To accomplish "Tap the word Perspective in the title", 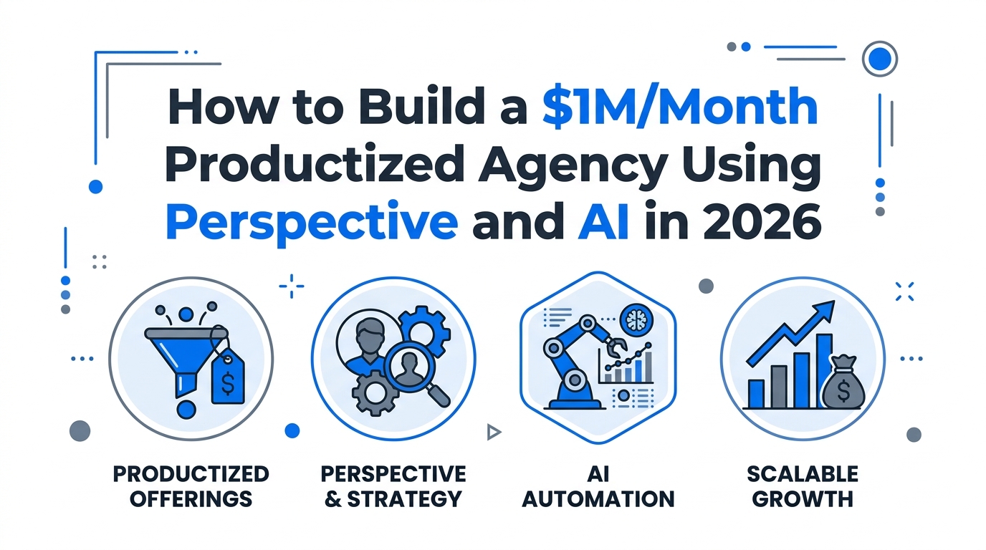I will tap(311, 223).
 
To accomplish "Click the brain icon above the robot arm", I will tap(634, 318).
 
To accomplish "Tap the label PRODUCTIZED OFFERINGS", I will tap(191, 486).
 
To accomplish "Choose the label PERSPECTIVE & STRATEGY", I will tap(393, 486).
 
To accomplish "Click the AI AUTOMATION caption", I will tap(598, 486).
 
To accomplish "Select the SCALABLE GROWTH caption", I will tap(802, 486).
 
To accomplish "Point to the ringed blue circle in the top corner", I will tap(879, 59).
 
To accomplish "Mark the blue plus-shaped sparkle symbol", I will tap(292, 286).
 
